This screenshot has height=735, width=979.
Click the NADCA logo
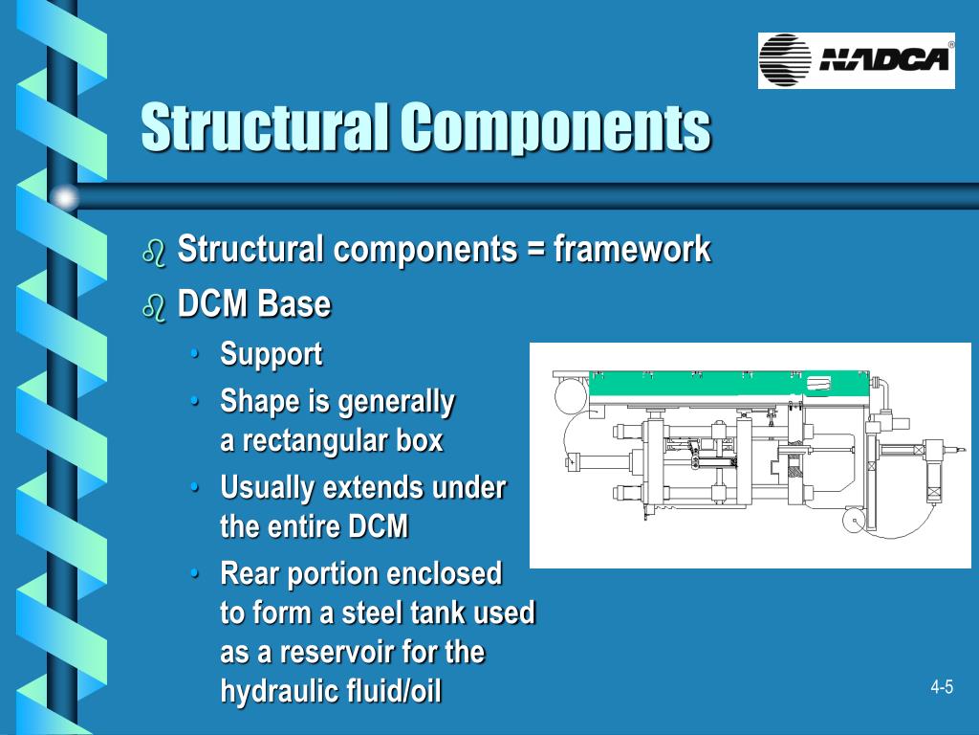pos(857,60)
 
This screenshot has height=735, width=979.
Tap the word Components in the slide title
pos(555,126)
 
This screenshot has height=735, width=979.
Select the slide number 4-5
pos(942,687)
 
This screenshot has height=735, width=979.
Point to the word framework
pos(632,250)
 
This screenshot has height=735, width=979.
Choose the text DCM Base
pos(254,305)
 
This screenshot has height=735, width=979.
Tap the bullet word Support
pos(272,354)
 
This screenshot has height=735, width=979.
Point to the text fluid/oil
pos(390,691)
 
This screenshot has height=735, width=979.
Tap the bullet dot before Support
pos(195,354)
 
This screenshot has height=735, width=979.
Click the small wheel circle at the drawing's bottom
pos(853,521)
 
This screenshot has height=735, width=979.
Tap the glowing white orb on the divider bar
pos(64,197)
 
